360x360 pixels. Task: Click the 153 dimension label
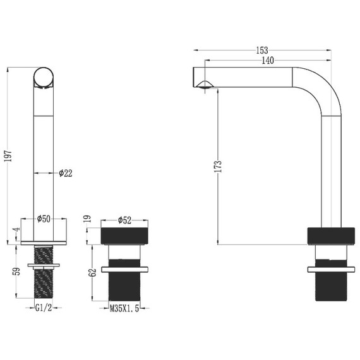pos(262,50)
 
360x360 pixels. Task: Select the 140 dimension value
pos(268,61)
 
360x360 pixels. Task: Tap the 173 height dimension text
pos(218,167)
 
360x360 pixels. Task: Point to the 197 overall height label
pos(8,156)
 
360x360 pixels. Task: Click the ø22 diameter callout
pos(66,173)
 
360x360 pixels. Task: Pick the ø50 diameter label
pos(44,219)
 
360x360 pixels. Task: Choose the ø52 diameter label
pos(124,220)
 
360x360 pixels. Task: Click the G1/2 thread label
pos(44,308)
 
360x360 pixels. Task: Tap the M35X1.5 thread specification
pos(124,308)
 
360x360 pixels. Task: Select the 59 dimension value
pos(18,271)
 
